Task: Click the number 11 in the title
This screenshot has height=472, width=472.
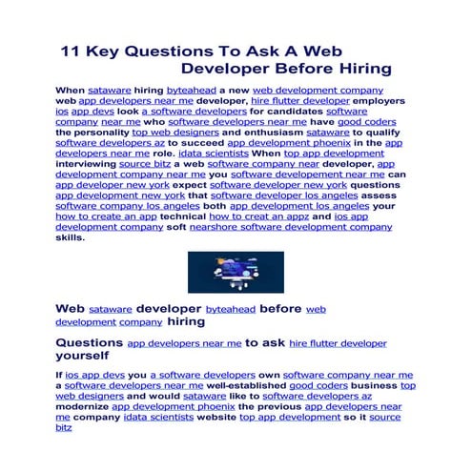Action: click(73, 51)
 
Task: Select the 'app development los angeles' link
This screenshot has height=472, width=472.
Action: click(298, 207)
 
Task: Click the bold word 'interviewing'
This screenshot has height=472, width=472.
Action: click(89, 165)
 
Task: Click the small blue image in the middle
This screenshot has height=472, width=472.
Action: click(233, 273)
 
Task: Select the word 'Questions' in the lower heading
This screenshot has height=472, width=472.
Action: click(89, 341)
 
